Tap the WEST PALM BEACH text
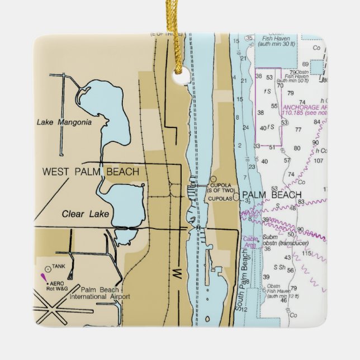tap(91, 172)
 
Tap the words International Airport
tap(99, 296)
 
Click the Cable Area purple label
tap(250, 242)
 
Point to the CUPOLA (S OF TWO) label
tap(220, 187)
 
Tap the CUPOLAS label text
tap(219, 197)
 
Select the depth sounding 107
tap(319, 161)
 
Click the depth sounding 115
tap(306, 253)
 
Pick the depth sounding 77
tap(298, 129)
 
